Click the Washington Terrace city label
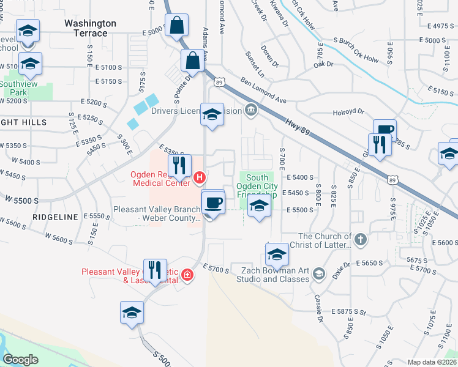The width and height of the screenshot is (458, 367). point(90,28)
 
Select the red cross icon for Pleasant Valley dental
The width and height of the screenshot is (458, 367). point(187,276)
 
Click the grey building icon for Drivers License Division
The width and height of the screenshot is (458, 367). point(250,111)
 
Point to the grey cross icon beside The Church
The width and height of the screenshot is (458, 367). point(361,239)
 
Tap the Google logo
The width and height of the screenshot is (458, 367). point(21,360)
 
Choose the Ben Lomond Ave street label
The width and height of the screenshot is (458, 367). point(263,90)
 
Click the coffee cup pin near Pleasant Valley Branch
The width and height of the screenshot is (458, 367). point(213,202)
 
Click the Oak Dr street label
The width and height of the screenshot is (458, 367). point(323,64)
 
